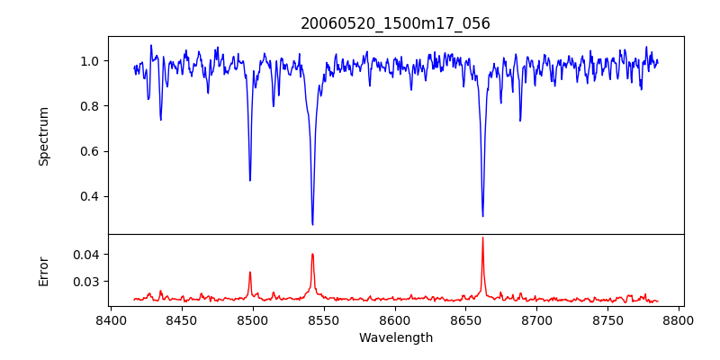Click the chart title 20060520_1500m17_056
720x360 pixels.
pyautogui.click(x=395, y=23)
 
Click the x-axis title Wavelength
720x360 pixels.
pyautogui.click(x=395, y=338)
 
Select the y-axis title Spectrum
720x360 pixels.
pyautogui.click(x=43, y=136)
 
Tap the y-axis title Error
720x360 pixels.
pyautogui.click(x=43, y=271)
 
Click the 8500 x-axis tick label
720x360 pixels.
pyautogui.click(x=253, y=320)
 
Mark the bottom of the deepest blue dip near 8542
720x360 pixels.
pyautogui.click(x=312, y=224)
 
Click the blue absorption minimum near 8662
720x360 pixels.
pyautogui.click(x=482, y=216)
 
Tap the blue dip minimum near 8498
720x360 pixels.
pyautogui.click(x=250, y=180)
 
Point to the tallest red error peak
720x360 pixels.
pyautogui.click(x=482, y=238)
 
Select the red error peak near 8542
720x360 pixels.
pyautogui.click(x=312, y=254)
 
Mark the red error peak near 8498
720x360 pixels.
pyautogui.click(x=250, y=272)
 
